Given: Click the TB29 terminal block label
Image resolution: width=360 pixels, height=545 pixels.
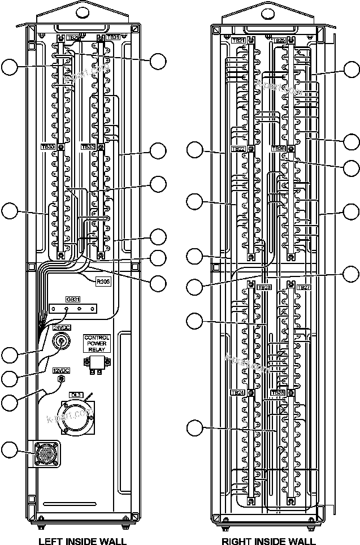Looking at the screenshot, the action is (73, 38).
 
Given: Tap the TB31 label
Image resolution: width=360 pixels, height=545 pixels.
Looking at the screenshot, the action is (113, 37).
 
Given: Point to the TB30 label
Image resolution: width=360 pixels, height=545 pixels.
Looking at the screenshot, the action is (47, 146).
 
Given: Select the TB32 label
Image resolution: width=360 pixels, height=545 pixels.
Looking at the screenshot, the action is (88, 146).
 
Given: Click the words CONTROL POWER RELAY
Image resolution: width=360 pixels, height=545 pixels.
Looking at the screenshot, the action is (97, 344).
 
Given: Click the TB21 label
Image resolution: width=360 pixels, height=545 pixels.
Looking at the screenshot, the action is (238, 41).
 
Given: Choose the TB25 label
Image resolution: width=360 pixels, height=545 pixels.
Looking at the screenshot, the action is (279, 41).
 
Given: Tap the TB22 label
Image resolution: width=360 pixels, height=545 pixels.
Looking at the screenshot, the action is (238, 149).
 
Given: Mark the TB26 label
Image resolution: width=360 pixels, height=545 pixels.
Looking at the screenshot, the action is (279, 149).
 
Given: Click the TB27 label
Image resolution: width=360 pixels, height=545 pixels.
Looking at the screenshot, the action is (303, 288).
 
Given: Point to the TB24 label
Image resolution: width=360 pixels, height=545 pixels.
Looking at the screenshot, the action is (238, 392).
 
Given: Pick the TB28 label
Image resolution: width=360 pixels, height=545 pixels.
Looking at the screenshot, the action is (278, 392).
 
